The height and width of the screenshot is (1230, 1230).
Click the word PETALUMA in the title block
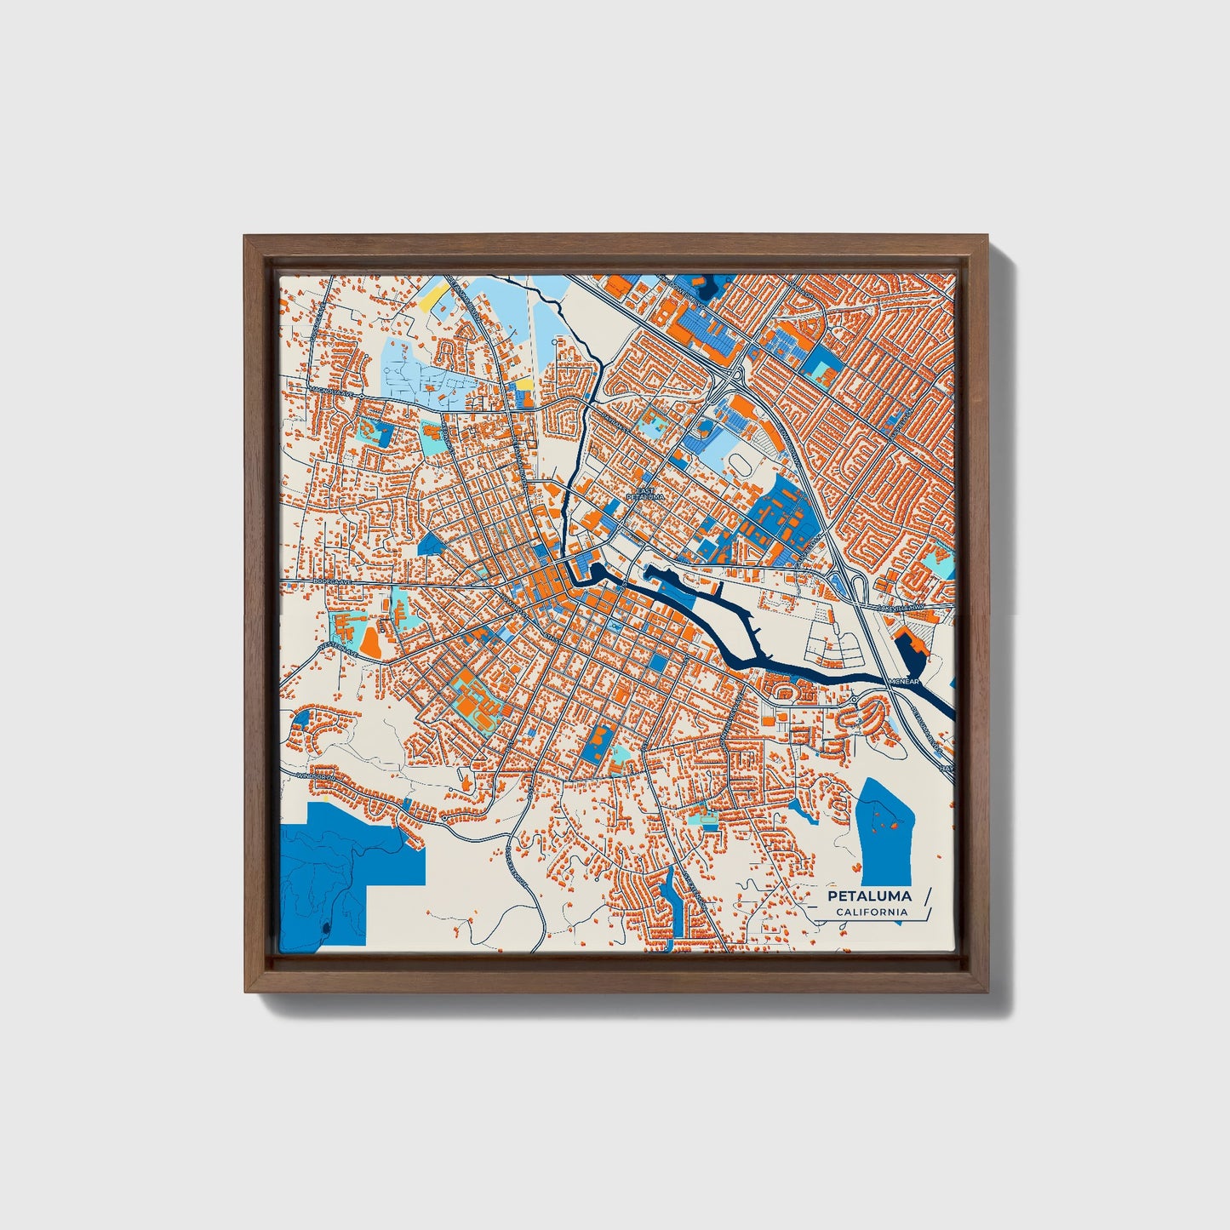point(869,895)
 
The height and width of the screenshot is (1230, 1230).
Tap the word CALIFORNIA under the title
point(871,912)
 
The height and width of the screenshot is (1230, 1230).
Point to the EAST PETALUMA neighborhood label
point(643,493)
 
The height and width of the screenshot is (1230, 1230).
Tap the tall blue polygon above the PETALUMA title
point(885,830)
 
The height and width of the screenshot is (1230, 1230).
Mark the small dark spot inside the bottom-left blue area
point(327,926)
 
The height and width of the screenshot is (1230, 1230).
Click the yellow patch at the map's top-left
point(434,295)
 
